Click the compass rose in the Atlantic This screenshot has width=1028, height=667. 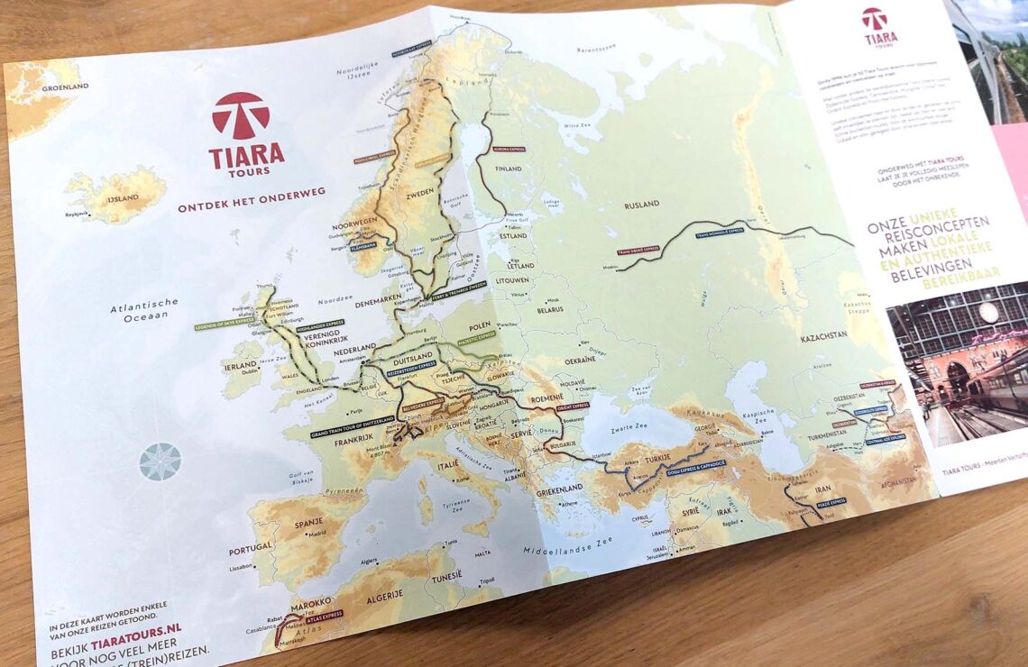click(x=160, y=461)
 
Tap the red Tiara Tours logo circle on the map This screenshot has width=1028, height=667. click(x=241, y=115)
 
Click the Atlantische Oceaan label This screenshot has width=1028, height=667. click(x=144, y=308)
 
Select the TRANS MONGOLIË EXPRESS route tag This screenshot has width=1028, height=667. click(x=719, y=232)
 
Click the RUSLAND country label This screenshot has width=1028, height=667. click(x=644, y=205)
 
